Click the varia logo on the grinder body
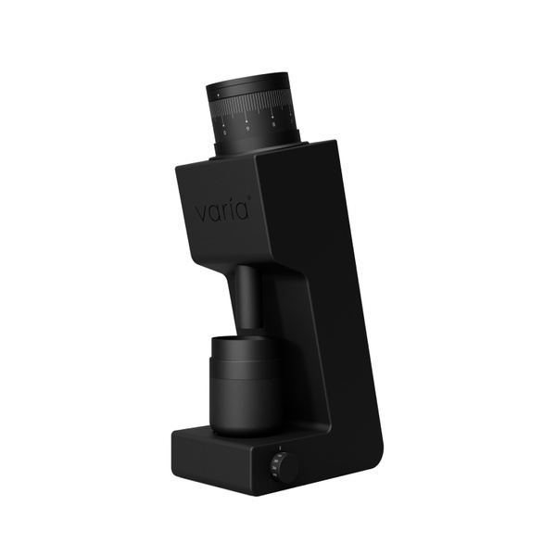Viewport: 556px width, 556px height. pos(222,212)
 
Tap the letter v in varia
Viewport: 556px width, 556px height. pos(199,214)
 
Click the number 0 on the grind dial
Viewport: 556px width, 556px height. pos(225,133)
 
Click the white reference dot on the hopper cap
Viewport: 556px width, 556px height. pos(218,95)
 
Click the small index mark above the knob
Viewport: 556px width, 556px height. pos(277,450)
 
